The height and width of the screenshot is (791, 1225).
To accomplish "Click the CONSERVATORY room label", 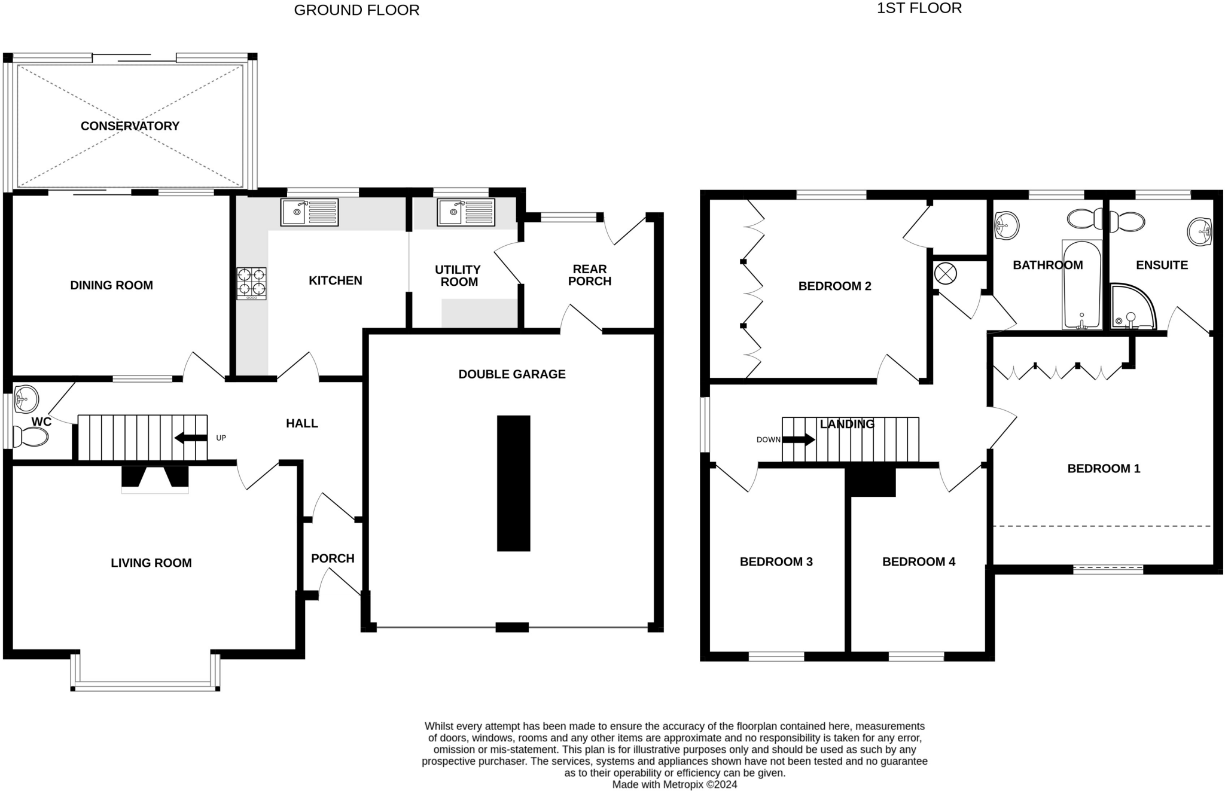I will [130, 126].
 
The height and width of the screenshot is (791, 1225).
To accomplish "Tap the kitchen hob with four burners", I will [252, 283].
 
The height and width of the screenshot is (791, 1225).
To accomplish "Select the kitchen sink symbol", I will [309, 212].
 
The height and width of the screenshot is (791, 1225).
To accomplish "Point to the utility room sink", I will [466, 212].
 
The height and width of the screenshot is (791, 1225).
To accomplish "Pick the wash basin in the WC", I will [26, 399].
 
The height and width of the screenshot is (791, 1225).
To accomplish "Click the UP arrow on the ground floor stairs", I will [191, 438].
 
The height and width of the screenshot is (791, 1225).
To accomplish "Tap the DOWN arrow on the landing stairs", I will [799, 440].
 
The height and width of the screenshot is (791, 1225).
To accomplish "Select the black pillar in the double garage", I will [513, 483].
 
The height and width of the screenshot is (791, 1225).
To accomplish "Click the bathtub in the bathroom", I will [1081, 285].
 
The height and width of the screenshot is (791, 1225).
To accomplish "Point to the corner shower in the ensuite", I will [1132, 307].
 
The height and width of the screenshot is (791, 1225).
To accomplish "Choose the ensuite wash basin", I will [1199, 231].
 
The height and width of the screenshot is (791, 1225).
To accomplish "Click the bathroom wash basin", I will [1006, 226].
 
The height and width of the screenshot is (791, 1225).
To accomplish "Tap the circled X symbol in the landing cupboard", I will [945, 274].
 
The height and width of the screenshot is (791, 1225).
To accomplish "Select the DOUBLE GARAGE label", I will [511, 374].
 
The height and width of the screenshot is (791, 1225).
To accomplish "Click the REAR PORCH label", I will [589, 275].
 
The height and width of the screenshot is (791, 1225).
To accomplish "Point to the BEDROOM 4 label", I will [918, 562].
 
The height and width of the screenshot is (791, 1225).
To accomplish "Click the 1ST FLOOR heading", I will [919, 8].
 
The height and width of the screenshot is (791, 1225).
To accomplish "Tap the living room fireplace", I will [155, 479].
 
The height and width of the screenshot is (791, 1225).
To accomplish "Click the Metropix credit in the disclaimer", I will [674, 784].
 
